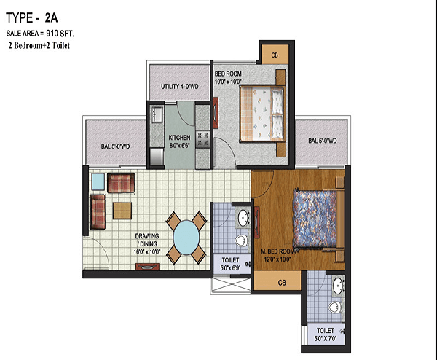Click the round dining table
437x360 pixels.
(x=186, y=238)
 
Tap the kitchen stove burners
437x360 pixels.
(x=202, y=139)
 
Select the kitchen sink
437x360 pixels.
(x=157, y=115)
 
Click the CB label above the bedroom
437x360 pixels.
(x=275, y=55)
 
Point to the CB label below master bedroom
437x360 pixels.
(x=282, y=283)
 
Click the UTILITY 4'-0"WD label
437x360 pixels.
(x=179, y=87)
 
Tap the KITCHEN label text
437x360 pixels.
(x=179, y=138)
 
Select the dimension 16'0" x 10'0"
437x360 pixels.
(x=147, y=252)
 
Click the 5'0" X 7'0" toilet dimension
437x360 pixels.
(x=326, y=339)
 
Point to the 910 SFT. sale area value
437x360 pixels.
(x=60, y=34)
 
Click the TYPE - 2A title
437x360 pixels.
(x=32, y=18)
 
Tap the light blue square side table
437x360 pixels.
(x=98, y=181)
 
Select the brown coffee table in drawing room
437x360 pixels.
(x=122, y=211)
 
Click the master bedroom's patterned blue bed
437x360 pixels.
(x=315, y=218)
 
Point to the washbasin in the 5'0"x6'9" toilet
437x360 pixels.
(x=244, y=217)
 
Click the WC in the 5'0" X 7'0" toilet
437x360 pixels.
(x=334, y=308)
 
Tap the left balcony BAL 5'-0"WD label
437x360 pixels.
(x=115, y=146)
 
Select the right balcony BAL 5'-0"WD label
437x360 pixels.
(x=323, y=141)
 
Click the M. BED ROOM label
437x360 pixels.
(x=279, y=251)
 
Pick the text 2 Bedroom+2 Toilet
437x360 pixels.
(x=39, y=45)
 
